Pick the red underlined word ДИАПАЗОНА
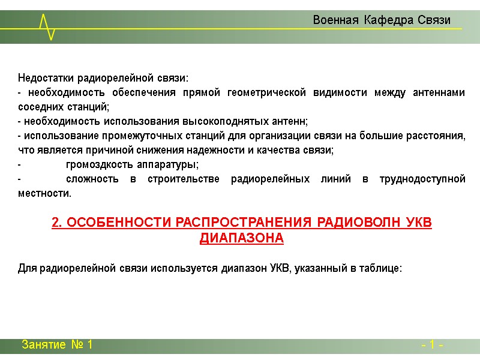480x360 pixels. (x=241, y=238)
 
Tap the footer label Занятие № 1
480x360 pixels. (x=57, y=345)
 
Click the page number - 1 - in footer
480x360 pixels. (x=432, y=346)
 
